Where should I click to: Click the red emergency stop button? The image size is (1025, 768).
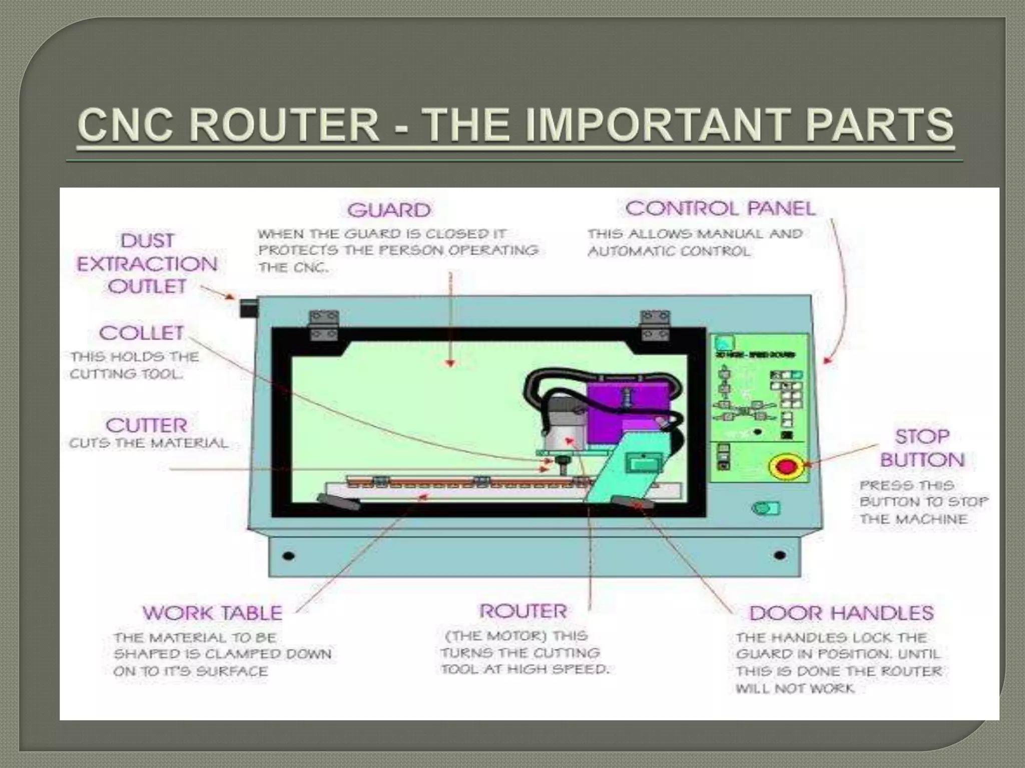click(786, 466)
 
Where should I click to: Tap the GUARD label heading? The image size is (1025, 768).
click(389, 210)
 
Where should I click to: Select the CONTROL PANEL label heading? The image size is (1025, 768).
click(720, 208)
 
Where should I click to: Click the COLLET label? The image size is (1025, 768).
click(142, 333)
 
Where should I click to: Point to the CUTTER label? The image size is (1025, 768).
click(146, 425)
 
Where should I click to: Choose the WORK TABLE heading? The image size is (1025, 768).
click(212, 613)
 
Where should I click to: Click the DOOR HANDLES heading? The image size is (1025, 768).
click(841, 613)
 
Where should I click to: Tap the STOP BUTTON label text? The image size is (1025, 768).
click(922, 448)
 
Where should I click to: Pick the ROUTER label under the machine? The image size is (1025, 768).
click(523, 611)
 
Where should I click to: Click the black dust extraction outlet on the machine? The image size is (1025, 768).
click(249, 307)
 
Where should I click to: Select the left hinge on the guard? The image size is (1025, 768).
click(324, 324)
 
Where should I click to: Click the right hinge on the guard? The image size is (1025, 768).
click(655, 324)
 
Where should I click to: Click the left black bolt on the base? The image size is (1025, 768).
click(288, 556)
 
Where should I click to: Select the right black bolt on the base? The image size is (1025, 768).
click(779, 555)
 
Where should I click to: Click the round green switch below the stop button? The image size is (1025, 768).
click(764, 508)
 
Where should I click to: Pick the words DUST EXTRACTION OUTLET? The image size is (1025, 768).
click(147, 264)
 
